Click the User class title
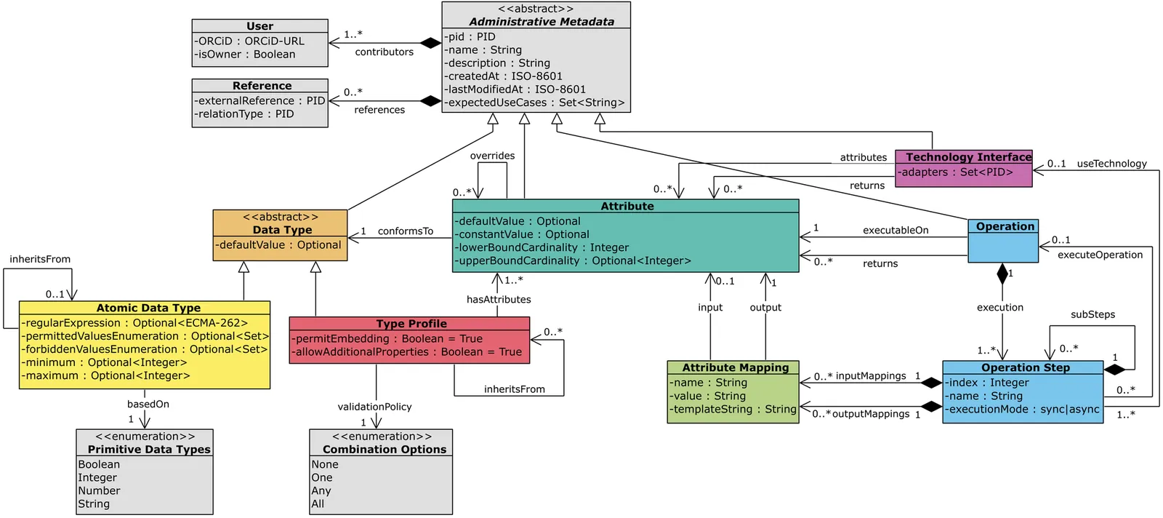tap(259, 26)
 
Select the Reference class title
tap(262, 86)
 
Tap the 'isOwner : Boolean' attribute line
tap(245, 55)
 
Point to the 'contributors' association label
tap(384, 52)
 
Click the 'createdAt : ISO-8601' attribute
tap(504, 76)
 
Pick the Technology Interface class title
tap(968, 157)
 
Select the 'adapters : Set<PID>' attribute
tap(955, 172)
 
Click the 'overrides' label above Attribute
tap(492, 156)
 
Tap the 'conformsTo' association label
tap(405, 231)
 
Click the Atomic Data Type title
tap(148, 308)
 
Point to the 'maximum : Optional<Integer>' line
tap(106, 376)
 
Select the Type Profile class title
tap(411, 324)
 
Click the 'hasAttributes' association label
tap(499, 300)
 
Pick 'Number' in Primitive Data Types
tap(100, 491)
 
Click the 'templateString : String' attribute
tap(733, 410)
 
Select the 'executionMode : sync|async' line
tap(1023, 410)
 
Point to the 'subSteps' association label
tap(1092, 315)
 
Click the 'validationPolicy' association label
tap(374, 407)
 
